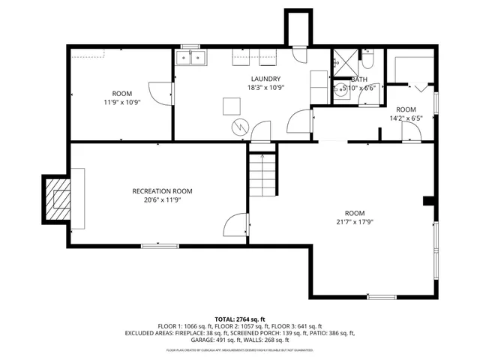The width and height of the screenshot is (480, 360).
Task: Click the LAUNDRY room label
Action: coord(266,79)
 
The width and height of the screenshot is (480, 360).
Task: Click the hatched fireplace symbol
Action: coord(57,198)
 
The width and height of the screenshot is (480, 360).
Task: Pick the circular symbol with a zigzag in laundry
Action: coord(239,126)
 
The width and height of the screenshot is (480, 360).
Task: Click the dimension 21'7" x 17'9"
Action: coord(355,222)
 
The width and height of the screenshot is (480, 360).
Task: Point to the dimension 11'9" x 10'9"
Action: coord(122,102)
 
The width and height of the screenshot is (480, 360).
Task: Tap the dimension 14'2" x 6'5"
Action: coord(406,118)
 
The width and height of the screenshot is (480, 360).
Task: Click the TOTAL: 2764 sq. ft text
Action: coord(239,319)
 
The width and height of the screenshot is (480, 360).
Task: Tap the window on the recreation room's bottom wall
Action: coord(157,244)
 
